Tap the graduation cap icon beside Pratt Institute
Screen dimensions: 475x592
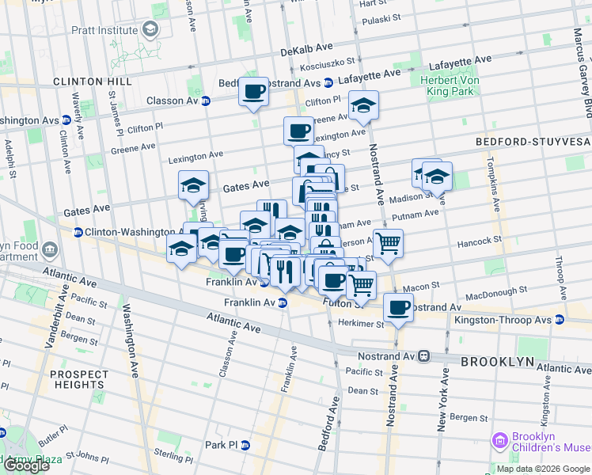[150, 31]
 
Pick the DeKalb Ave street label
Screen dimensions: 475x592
[306, 49]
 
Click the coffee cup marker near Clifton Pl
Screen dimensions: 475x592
[253, 92]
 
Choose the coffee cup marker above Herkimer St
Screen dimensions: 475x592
[398, 307]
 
